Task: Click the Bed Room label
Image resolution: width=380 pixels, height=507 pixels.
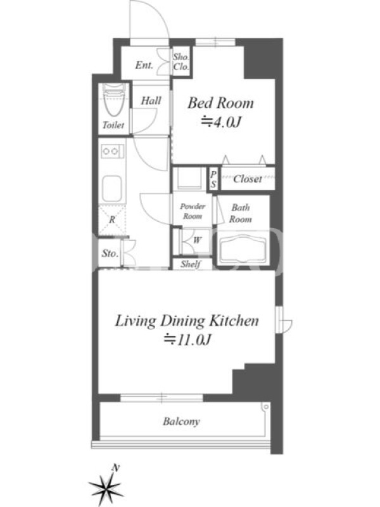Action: click(x=220, y=103)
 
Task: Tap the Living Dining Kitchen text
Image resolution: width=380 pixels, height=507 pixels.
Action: click(x=187, y=321)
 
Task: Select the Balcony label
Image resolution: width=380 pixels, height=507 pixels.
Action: click(x=181, y=421)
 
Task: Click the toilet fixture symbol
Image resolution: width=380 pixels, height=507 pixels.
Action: click(x=114, y=100)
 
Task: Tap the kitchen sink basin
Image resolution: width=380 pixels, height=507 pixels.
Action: click(x=112, y=189)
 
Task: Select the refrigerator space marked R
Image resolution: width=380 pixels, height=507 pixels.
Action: click(x=112, y=220)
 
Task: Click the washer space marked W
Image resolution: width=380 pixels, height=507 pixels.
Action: click(x=197, y=240)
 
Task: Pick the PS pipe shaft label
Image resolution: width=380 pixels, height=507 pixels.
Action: click(x=213, y=179)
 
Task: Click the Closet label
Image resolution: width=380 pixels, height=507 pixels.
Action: click(x=248, y=179)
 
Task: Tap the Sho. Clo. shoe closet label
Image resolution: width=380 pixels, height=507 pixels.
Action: click(x=180, y=61)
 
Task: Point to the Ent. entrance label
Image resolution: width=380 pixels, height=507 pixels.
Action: click(x=144, y=65)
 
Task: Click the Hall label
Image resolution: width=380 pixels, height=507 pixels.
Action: click(x=151, y=101)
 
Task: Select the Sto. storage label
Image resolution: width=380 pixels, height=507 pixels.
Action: click(x=110, y=253)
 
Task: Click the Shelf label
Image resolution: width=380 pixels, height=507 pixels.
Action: click(x=191, y=264)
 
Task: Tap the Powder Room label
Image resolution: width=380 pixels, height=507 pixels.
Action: click(x=193, y=211)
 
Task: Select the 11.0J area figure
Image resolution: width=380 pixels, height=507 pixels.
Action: click(x=187, y=340)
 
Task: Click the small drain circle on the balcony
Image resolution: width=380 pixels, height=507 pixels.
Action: click(x=265, y=406)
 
